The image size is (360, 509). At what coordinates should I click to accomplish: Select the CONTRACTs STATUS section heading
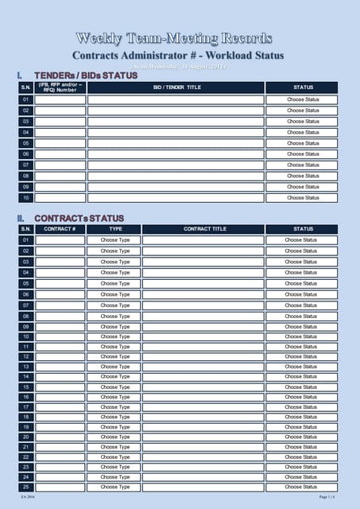[x=79, y=218]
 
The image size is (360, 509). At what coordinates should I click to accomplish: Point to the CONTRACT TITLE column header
[x=204, y=229]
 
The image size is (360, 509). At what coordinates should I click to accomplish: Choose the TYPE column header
[x=115, y=229]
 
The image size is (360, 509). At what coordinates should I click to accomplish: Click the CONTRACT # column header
[x=60, y=229]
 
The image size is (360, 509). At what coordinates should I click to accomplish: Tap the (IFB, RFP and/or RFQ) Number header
[x=60, y=87]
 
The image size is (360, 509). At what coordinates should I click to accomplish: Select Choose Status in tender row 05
[x=303, y=143]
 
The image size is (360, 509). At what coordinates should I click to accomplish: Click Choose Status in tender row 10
[x=303, y=197]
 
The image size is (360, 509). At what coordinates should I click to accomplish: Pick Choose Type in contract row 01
[x=115, y=240]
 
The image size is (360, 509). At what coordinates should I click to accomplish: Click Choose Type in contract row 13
[x=115, y=367]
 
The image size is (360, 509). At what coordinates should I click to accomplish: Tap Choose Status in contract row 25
[x=300, y=487]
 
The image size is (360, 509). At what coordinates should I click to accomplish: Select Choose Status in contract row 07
[x=300, y=305]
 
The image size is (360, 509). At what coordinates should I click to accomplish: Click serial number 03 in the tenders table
[x=25, y=122]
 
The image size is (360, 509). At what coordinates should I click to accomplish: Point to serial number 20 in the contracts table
[x=25, y=437]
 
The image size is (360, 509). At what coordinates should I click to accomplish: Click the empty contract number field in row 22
[x=60, y=457]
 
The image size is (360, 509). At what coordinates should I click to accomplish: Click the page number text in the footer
[x=327, y=497]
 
